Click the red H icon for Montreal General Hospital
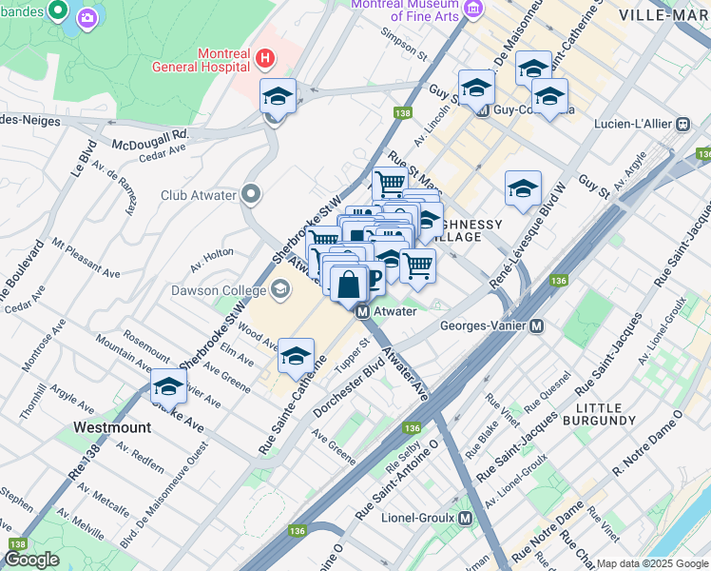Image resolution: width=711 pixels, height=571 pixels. [x=265, y=60]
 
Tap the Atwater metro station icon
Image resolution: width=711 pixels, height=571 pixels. [x=362, y=311]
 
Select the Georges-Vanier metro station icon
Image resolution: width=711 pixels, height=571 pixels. [x=537, y=325]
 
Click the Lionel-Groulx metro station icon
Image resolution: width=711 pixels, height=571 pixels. [x=465, y=519]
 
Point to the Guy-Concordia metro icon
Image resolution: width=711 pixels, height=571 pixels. [x=482, y=109]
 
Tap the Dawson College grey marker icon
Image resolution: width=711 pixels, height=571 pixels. [x=280, y=288]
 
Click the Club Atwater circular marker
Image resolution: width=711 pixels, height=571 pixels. [x=251, y=195]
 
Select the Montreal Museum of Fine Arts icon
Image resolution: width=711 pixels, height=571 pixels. [x=473, y=10]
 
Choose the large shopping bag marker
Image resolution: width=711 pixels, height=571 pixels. [x=350, y=283]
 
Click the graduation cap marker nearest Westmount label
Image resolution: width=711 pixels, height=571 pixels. [x=168, y=386]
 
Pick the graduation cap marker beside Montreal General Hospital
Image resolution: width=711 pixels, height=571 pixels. [x=278, y=96]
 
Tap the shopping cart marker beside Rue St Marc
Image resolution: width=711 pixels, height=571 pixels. [x=390, y=183]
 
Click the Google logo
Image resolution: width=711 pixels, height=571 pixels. [x=33, y=560]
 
